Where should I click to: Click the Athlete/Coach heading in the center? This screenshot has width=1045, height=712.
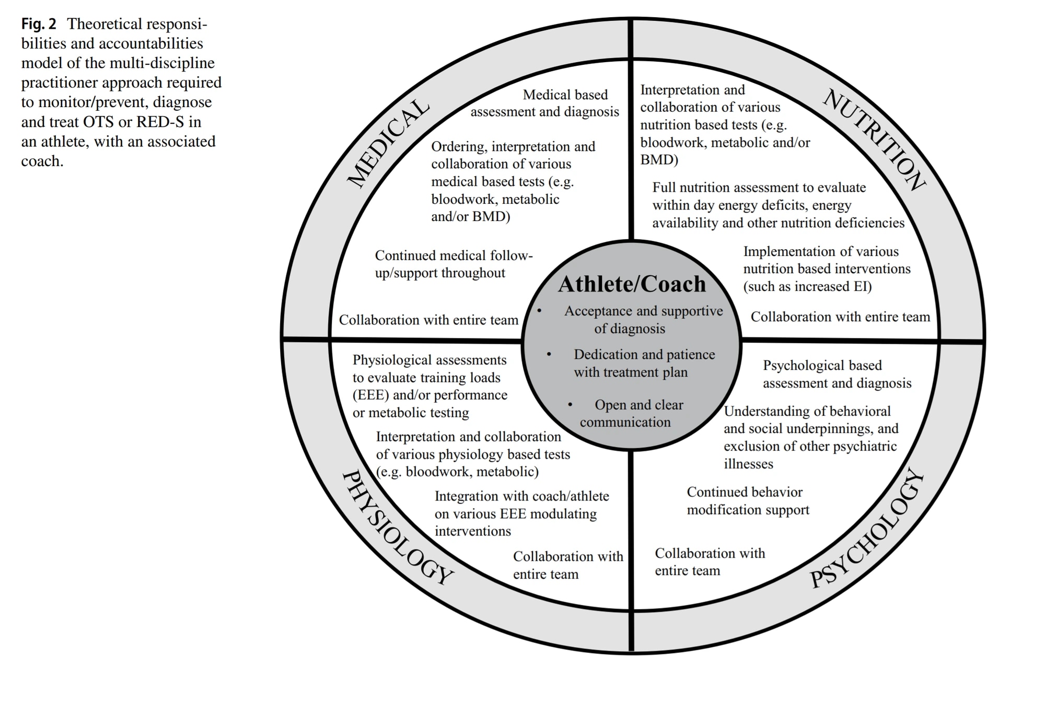pyautogui.click(x=632, y=284)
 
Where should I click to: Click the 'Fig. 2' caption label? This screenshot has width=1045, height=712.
pyautogui.click(x=39, y=24)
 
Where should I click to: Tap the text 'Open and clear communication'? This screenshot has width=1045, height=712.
pyautogui.click(x=631, y=413)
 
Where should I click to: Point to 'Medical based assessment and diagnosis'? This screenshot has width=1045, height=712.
pyautogui.click(x=545, y=103)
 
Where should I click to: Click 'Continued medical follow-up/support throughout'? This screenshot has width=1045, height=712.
pyautogui.click(x=454, y=264)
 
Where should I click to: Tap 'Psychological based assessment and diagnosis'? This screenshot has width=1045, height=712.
pyautogui.click(x=837, y=374)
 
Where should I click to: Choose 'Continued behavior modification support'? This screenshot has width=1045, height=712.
pyautogui.click(x=748, y=500)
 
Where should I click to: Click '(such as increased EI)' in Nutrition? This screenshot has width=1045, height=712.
pyautogui.click(x=807, y=286)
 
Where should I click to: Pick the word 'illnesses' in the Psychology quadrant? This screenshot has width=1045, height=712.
pyautogui.click(x=748, y=464)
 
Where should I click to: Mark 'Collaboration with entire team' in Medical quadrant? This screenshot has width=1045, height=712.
pyautogui.click(x=428, y=320)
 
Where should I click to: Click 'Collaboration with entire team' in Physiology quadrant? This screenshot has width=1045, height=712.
pyautogui.click(x=568, y=565)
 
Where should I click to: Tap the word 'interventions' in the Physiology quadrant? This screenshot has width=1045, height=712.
pyautogui.click(x=472, y=531)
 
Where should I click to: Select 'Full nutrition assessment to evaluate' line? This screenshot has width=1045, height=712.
pyautogui.click(x=759, y=188)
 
